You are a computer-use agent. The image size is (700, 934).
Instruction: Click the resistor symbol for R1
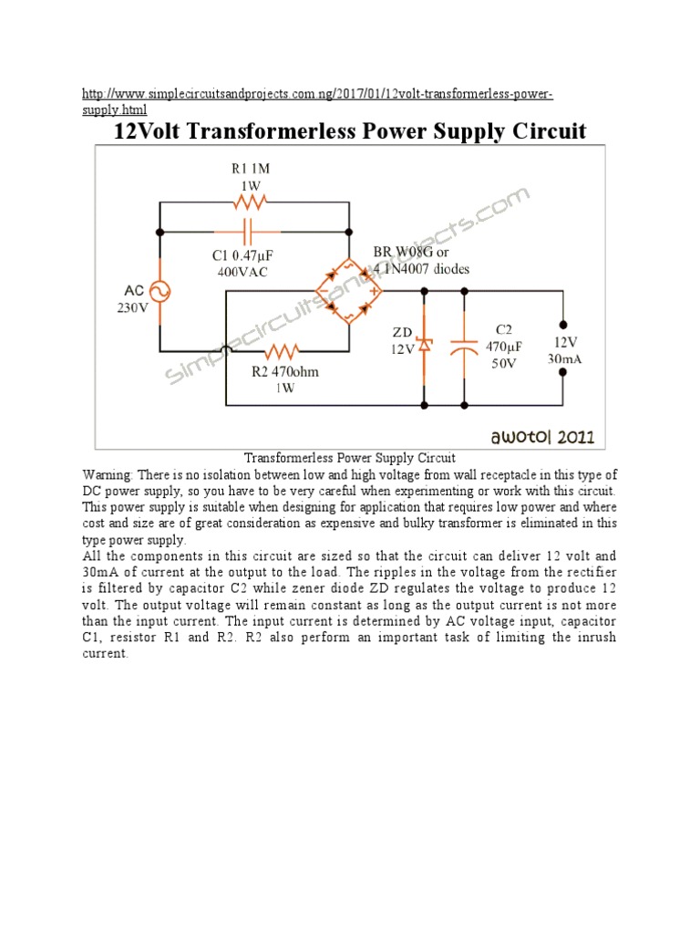[251, 203]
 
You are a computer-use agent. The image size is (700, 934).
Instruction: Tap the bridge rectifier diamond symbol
[349, 292]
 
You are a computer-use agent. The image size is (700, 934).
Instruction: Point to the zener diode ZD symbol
[425, 346]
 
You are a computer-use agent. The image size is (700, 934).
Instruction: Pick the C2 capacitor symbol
[464, 346]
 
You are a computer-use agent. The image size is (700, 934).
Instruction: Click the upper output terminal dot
[563, 323]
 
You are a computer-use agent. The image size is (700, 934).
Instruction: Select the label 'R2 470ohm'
[285, 372]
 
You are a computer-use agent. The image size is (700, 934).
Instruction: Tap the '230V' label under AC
[131, 308]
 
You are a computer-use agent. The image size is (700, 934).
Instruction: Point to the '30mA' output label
[564, 358]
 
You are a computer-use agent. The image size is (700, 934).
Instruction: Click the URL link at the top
[317, 95]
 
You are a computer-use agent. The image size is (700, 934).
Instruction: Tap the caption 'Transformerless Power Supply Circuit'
[349, 458]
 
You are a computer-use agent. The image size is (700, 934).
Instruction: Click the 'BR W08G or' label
[410, 252]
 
